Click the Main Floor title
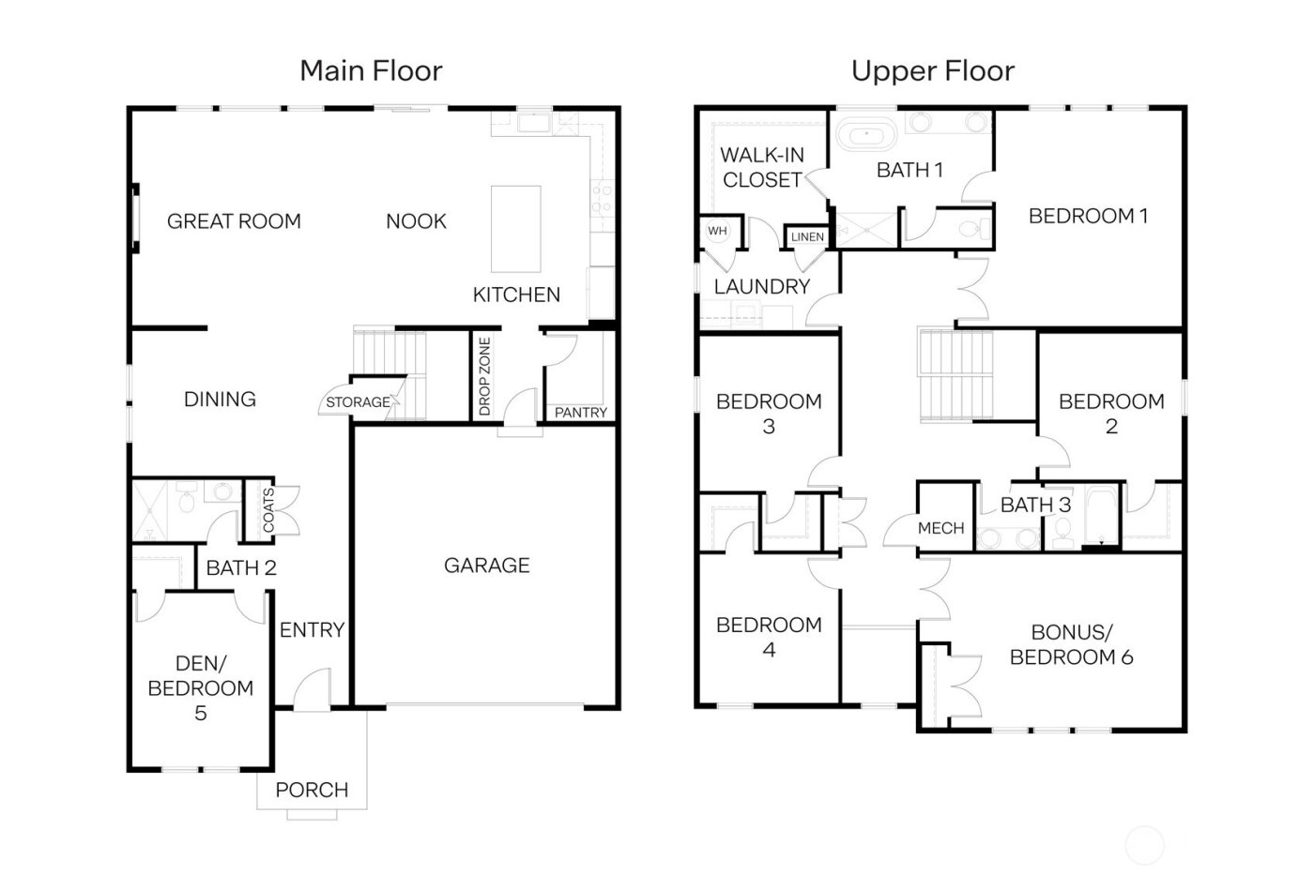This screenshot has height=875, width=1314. point(371,71)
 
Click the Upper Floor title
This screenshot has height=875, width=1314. point(932,71)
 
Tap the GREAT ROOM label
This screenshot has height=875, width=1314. point(234,221)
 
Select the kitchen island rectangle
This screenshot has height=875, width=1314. point(516,229)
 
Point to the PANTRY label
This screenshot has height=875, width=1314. point(580,413)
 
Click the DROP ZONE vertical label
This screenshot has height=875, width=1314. point(484,377)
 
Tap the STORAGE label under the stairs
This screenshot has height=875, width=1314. point(358,402)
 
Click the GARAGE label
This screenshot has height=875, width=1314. point(486,566)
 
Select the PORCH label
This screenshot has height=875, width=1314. point(312,791)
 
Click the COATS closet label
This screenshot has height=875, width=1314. point(269,510)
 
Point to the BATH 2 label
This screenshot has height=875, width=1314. point(241,568)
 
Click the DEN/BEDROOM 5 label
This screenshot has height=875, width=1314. point(201,688)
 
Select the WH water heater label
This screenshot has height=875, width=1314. point(717,232)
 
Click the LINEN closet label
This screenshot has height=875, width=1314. point(807,237)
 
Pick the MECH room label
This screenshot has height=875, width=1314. point(940,529)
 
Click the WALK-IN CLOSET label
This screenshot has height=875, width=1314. point(762,168)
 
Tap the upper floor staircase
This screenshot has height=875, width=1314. point(955,376)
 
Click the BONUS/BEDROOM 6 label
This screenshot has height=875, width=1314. point(1071,645)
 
